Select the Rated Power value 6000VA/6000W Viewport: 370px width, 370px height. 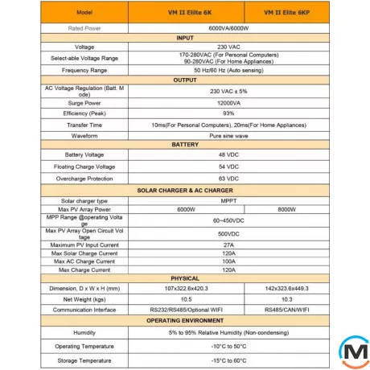click(229, 28)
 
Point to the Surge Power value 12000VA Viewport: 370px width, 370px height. click(229, 104)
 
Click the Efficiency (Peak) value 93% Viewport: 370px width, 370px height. click(229, 113)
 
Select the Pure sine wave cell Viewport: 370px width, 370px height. click(229, 136)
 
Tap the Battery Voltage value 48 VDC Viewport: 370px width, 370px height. click(229, 154)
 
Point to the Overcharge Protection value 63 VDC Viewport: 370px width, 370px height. click(229, 178)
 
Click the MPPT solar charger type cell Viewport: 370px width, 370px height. click(229, 200)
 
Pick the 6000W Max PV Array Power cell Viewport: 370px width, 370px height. click(184, 209)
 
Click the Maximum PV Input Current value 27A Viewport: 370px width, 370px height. click(229, 244)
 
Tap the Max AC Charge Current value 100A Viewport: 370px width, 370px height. click(229, 261)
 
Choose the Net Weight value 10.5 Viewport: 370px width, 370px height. click(184, 298)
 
